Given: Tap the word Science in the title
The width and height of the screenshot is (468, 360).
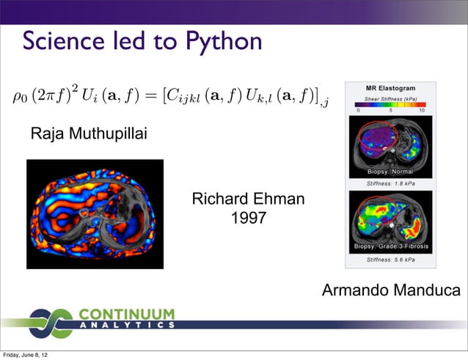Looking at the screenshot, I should click(x=65, y=41).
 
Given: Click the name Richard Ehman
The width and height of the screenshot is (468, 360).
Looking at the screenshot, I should click(x=248, y=199).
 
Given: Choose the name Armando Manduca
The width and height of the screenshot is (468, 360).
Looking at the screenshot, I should click(x=391, y=292).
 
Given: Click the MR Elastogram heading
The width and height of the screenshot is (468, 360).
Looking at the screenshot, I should click(x=391, y=89).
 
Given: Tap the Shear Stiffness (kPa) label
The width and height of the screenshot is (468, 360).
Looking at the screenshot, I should click(x=391, y=98).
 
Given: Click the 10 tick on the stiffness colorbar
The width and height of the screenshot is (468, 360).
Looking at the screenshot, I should click(x=421, y=112).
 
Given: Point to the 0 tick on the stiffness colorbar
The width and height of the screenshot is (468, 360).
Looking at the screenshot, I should click(x=358, y=112).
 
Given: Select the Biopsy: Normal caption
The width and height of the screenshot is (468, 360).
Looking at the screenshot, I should click(x=390, y=172).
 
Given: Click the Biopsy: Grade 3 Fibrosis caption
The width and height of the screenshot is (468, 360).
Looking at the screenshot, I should click(x=391, y=246).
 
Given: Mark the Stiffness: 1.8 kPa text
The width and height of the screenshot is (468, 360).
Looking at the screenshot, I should click(x=390, y=183).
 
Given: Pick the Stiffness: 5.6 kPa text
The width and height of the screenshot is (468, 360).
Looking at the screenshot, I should click(x=390, y=259).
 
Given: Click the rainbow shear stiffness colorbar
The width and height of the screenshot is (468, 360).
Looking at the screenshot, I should click(x=390, y=106).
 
